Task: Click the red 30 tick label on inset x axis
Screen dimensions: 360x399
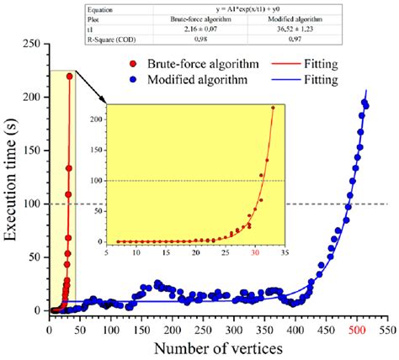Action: coord(256,251)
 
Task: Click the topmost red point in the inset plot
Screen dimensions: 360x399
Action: coord(272,108)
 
